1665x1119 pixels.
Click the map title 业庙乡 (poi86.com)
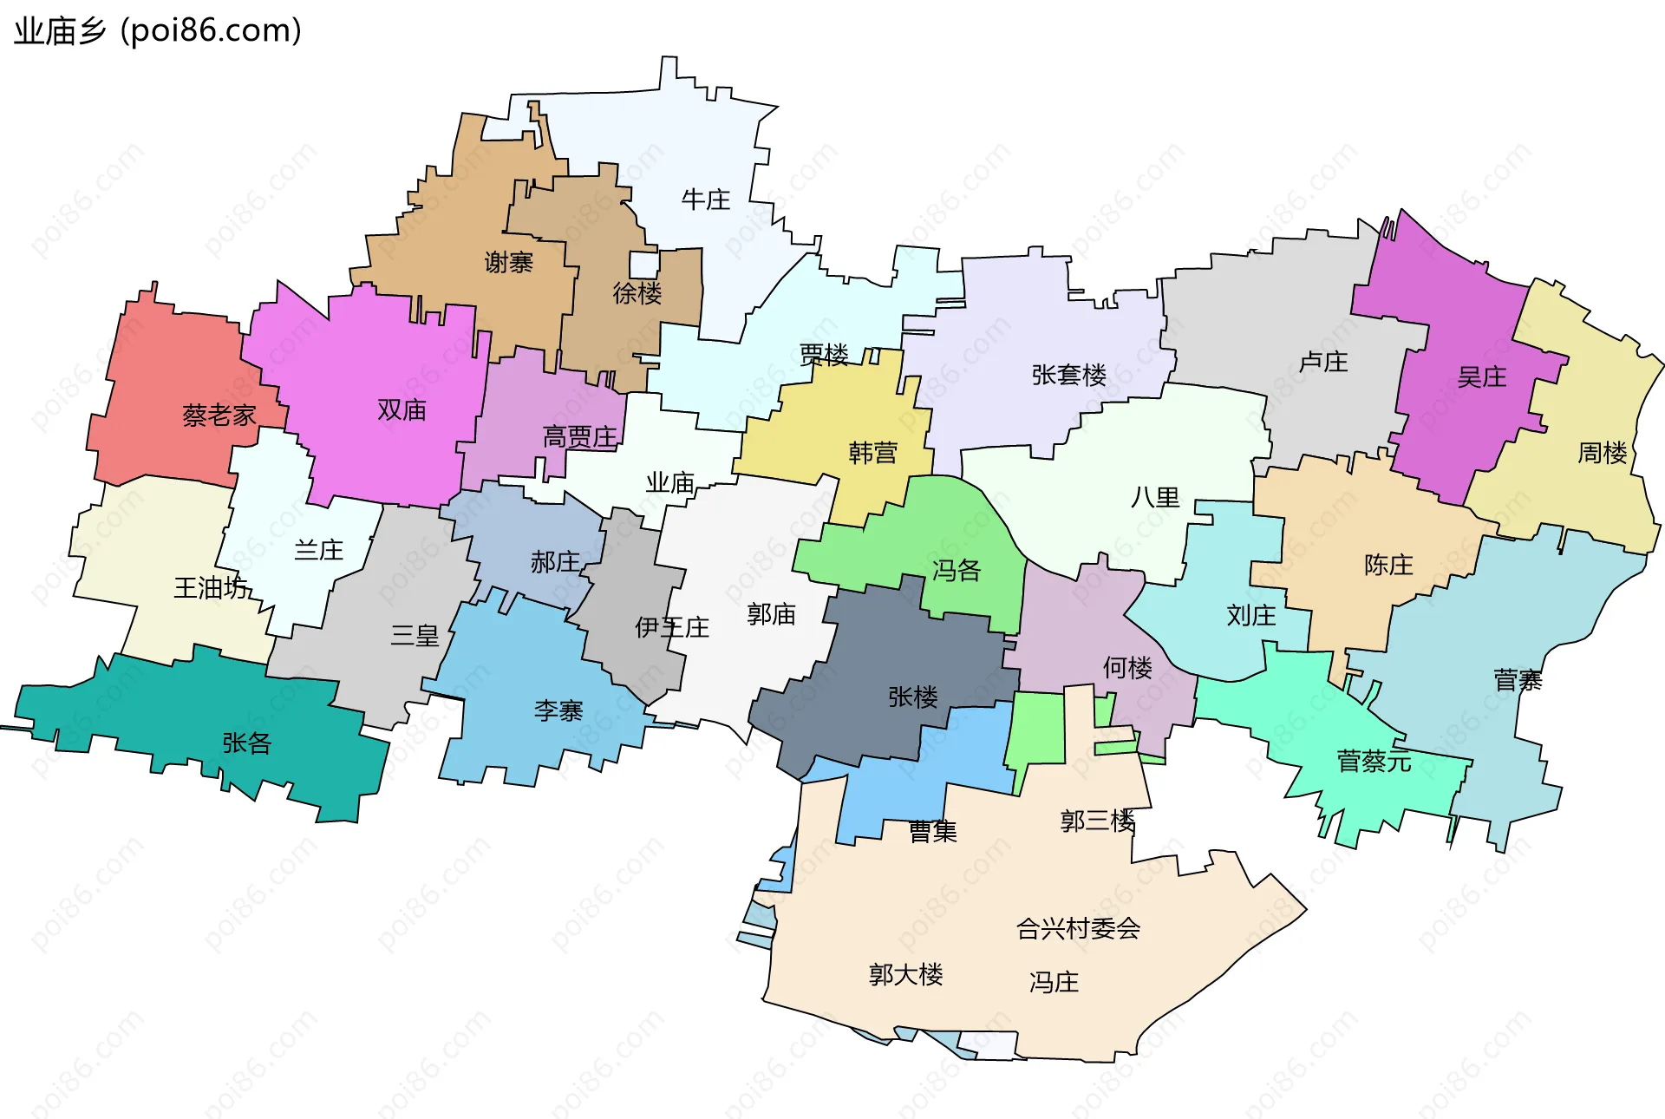[x=158, y=31]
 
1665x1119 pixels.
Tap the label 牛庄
[x=705, y=200]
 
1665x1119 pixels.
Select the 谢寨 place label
[x=508, y=262]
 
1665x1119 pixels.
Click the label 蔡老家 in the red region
[x=219, y=416]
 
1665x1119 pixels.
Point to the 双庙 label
[x=402, y=409]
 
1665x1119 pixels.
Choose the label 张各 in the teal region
[x=246, y=743]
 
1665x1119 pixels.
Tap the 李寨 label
[x=558, y=711]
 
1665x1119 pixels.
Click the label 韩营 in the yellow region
[x=872, y=452]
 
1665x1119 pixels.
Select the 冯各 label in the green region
[x=956, y=570]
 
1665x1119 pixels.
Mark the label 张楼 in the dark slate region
[x=912, y=697]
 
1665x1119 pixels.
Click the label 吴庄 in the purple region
[x=1481, y=376]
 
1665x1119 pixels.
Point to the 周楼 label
[x=1601, y=452]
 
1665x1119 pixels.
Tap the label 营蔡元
[x=1374, y=762]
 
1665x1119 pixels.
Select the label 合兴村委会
[x=1077, y=928]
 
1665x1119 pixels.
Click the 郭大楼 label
[x=905, y=974]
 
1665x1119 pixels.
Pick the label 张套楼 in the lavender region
[x=1068, y=375]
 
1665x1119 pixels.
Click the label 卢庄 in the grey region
[x=1322, y=361]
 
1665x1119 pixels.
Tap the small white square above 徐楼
[x=643, y=265]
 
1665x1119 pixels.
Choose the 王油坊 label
[x=211, y=588]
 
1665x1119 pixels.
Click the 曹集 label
[x=932, y=831]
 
